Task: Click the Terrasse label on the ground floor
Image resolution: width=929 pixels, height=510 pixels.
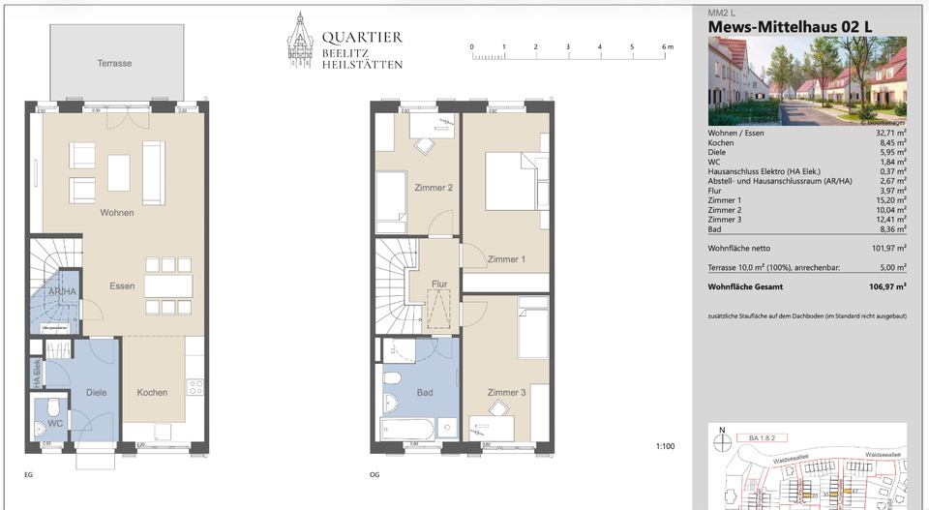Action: click(114, 63)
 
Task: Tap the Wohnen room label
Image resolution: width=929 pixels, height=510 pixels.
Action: click(116, 212)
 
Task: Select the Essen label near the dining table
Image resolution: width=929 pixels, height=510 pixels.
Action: click(122, 285)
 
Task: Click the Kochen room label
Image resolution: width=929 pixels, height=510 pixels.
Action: click(152, 392)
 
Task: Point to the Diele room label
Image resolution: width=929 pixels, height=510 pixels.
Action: click(95, 392)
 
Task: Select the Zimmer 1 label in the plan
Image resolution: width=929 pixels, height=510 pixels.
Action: click(506, 259)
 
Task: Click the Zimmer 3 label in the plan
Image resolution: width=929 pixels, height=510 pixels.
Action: click(506, 392)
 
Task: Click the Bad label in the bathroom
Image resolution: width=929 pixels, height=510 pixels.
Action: click(424, 392)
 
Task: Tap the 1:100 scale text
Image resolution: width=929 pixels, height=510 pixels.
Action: click(665, 446)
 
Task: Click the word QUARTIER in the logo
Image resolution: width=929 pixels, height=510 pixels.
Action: click(362, 38)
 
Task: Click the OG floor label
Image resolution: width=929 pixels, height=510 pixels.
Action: click(374, 475)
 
